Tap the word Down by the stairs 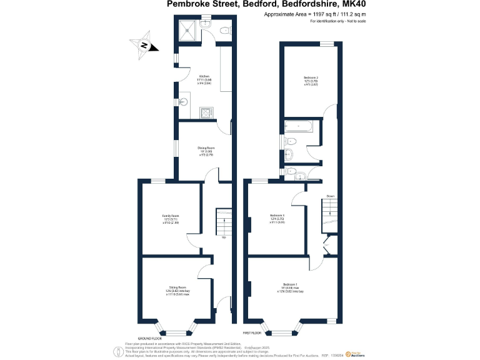(330, 196)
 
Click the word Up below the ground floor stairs (223, 237)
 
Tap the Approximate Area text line (314, 14)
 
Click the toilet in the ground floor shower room (226, 29)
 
